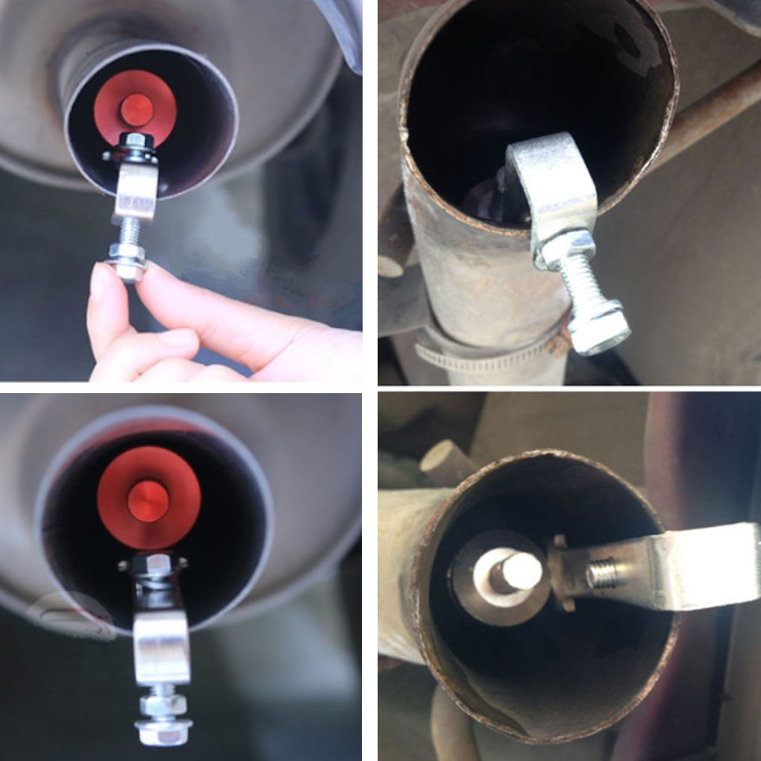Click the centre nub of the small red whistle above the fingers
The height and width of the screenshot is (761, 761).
(x=137, y=110)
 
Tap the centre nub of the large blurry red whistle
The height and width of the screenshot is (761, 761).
(x=148, y=501)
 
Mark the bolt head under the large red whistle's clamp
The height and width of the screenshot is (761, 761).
(x=163, y=727)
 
